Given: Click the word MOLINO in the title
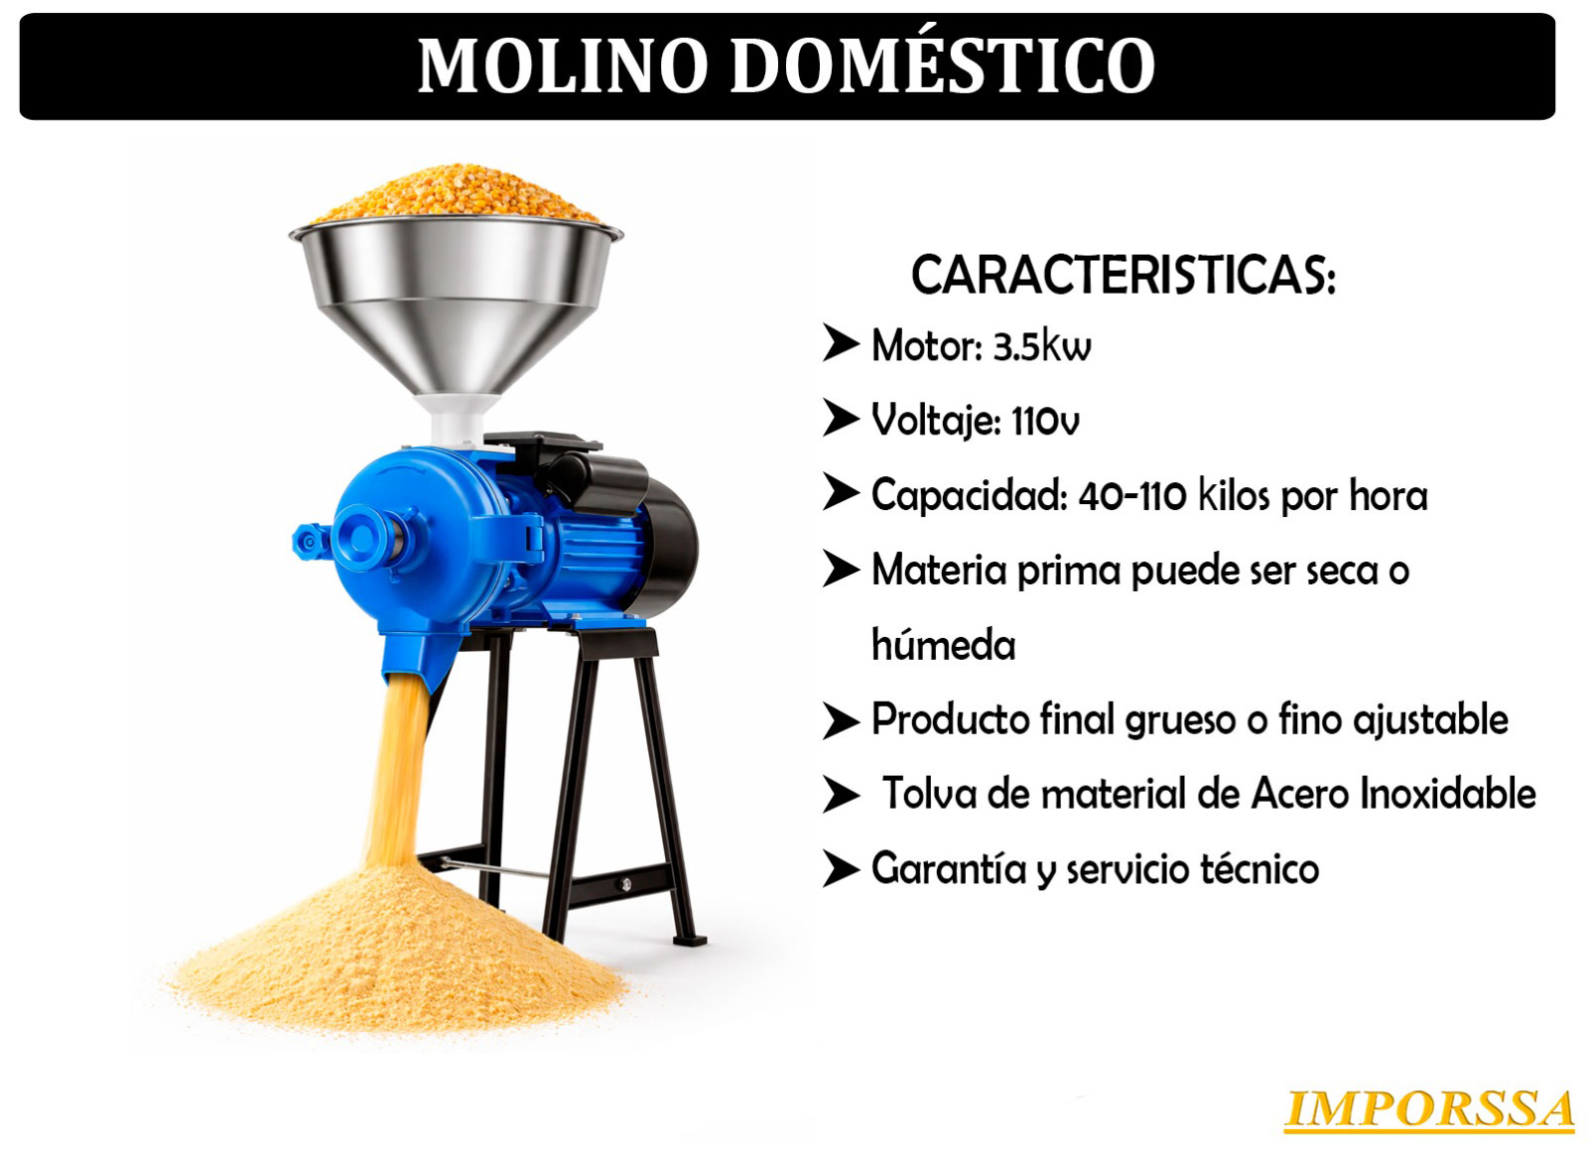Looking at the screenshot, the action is click(x=563, y=65).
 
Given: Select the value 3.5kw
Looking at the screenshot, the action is click(x=1042, y=346).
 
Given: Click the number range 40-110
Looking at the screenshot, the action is click(x=1132, y=495).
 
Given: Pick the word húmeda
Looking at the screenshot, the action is click(x=944, y=644).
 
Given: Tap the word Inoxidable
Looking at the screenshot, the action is click(x=1448, y=793).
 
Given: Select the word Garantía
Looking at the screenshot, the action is click(x=949, y=869).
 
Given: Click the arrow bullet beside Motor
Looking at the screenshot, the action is click(x=842, y=343).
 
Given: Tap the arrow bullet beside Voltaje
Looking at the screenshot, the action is click(x=842, y=418).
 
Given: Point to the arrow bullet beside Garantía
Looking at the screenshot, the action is click(x=842, y=869).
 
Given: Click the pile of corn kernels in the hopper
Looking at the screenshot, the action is click(x=456, y=193).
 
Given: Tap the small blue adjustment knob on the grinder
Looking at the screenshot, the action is click(x=309, y=542).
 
